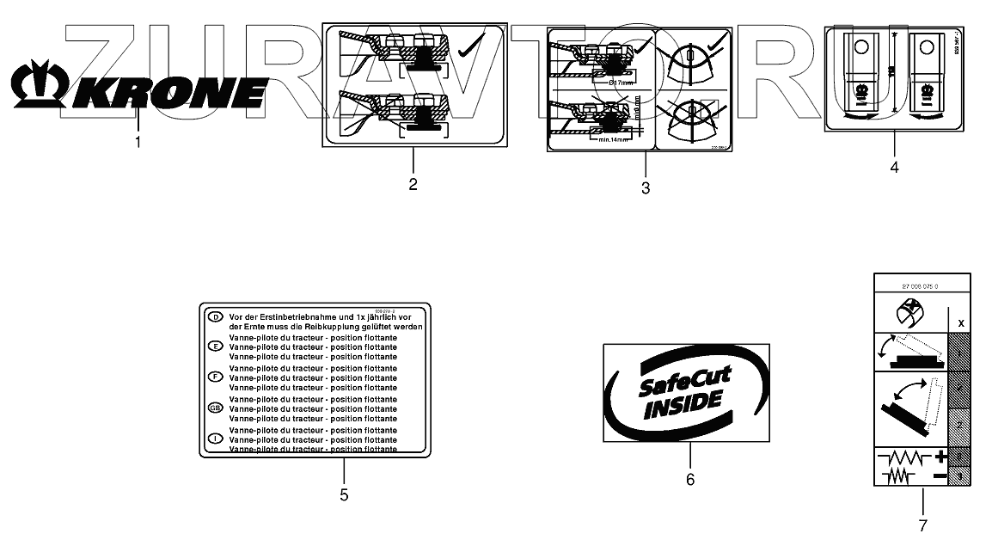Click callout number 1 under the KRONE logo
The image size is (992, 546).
point(138,142)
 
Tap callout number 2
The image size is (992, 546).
point(413,184)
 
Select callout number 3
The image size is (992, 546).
point(645,187)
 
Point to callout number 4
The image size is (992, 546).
point(894,168)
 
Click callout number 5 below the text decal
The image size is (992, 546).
point(343,494)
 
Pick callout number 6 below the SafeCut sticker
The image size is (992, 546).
point(689,480)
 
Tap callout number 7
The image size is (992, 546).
point(922,524)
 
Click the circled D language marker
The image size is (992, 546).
point(216,317)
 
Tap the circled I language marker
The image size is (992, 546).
point(216,439)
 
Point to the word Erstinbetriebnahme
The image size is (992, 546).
point(292,317)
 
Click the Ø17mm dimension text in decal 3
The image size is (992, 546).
point(621,83)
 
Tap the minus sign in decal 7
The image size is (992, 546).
point(940,475)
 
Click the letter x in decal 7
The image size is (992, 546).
point(960,322)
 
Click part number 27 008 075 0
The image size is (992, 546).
point(920,285)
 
